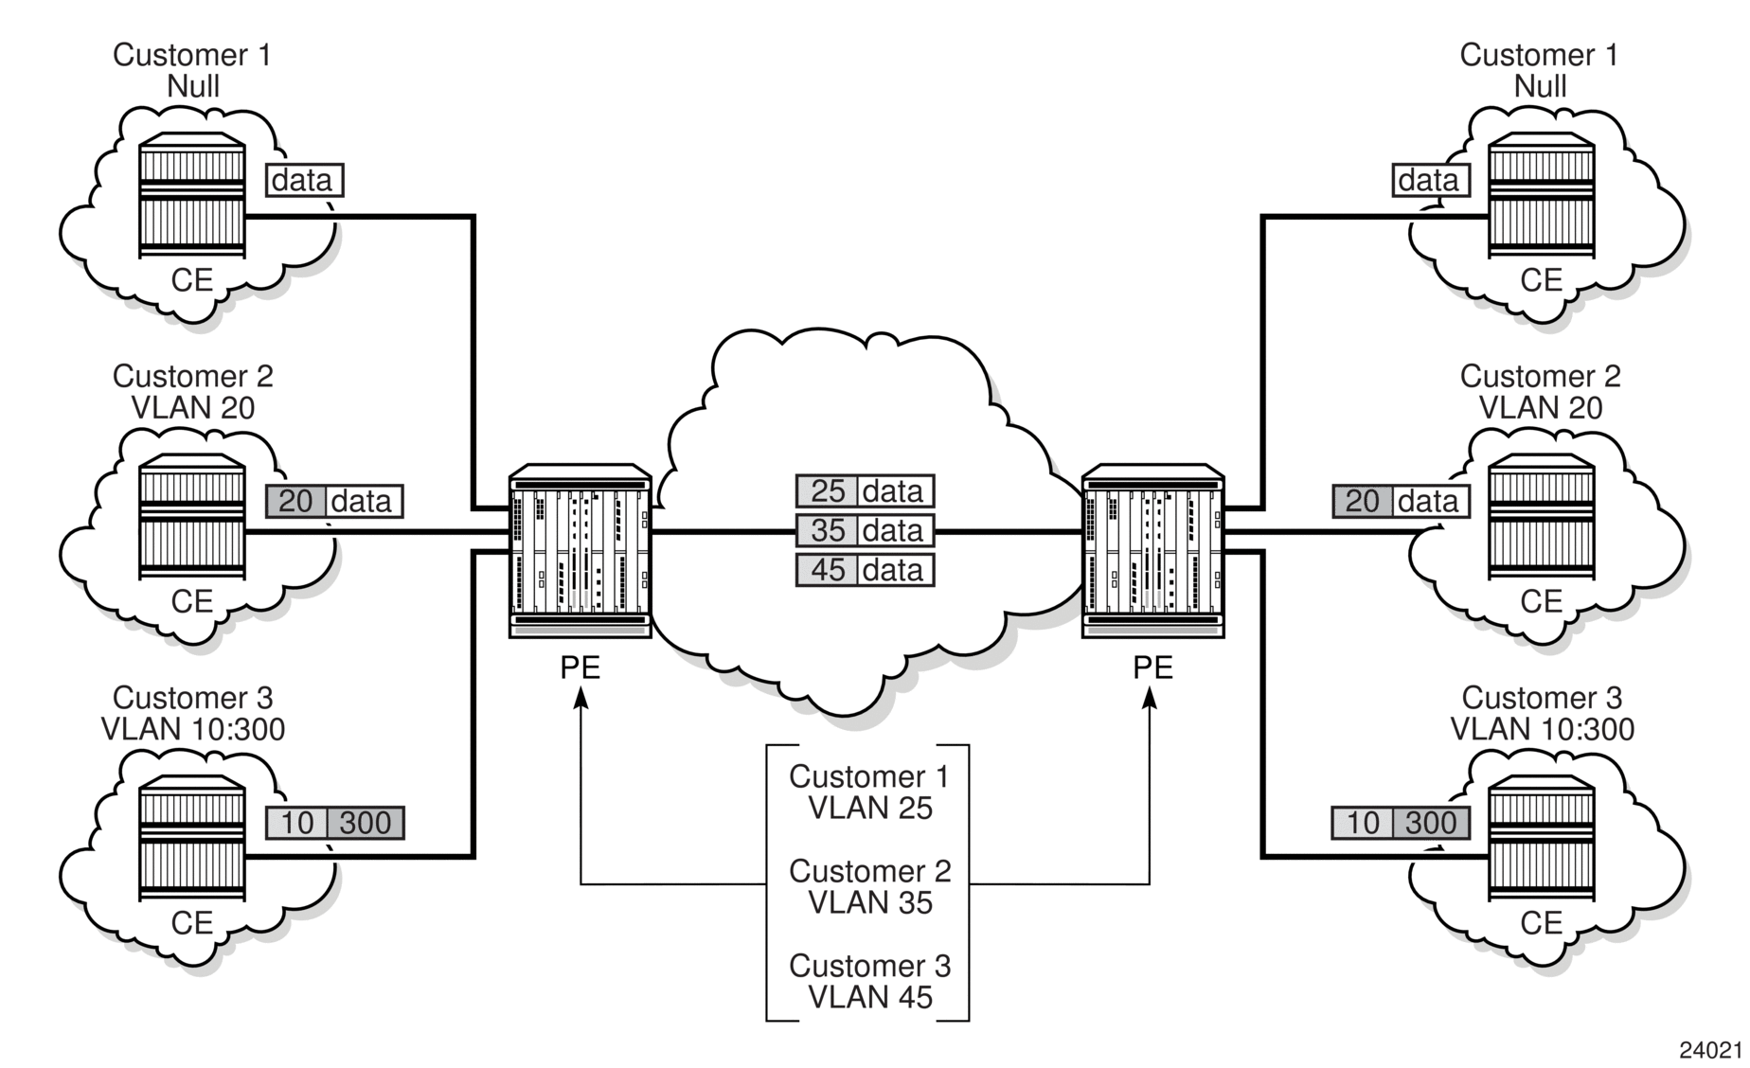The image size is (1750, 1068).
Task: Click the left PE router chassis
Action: [580, 550]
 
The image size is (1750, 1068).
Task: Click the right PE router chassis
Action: [1152, 550]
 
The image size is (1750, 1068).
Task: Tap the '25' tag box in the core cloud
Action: [828, 491]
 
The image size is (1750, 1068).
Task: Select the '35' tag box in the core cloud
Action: [828, 531]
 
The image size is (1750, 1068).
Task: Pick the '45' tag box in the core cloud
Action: [828, 571]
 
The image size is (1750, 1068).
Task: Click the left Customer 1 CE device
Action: [192, 195]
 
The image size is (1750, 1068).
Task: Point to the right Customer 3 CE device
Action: [1541, 837]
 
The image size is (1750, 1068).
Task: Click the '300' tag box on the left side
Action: [366, 823]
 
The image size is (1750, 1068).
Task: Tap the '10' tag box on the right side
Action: [1362, 823]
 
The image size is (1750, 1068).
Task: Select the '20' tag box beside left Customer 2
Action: [295, 501]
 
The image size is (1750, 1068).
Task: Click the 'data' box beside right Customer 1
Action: [1430, 180]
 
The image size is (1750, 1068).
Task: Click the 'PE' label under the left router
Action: [580, 667]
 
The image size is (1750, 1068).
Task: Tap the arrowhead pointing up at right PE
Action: [1151, 698]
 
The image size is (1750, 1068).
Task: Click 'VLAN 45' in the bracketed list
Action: [870, 997]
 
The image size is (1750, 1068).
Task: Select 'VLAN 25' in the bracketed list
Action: [870, 808]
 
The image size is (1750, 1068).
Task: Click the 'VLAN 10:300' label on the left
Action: [193, 729]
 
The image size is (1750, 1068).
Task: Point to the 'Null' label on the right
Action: [1541, 86]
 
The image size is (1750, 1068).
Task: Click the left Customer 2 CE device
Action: [192, 516]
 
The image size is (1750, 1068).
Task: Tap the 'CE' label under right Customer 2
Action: [1541, 601]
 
